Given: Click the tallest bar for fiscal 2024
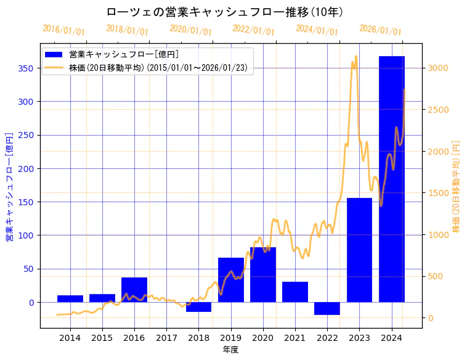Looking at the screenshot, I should tap(391, 179).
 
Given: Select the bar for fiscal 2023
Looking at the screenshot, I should tap(359, 250).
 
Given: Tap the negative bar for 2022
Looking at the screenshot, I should tap(327, 308).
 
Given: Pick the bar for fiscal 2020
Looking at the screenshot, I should tap(263, 275).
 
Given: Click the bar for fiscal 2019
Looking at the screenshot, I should tap(231, 280).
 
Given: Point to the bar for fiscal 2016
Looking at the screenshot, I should tap(134, 290).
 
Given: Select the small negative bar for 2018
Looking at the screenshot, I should tap(198, 307).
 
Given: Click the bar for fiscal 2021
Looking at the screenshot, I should tap(295, 292).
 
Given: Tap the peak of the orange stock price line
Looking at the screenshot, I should tap(355, 57).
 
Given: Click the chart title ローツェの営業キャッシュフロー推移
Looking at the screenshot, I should tap(225, 12).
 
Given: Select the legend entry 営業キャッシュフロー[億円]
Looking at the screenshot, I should tap(124, 54).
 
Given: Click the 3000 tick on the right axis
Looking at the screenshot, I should tap(439, 68).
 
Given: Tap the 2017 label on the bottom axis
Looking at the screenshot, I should tap(166, 338).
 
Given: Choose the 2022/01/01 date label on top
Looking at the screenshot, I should tap(253, 30).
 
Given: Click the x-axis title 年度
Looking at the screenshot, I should tap(230, 350).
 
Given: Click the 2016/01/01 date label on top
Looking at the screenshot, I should tap(63, 30).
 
